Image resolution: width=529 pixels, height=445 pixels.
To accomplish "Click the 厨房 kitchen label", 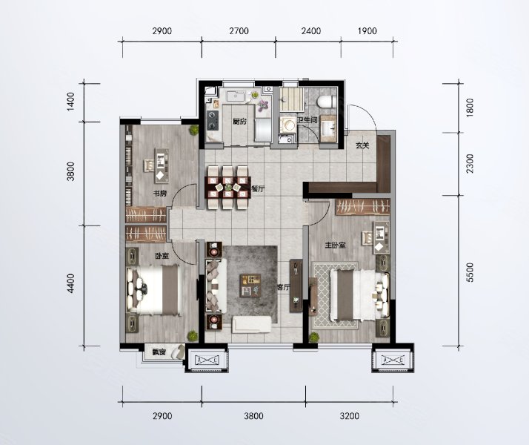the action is coord(239,121).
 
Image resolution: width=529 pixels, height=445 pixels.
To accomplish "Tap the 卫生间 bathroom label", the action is coord(307,119).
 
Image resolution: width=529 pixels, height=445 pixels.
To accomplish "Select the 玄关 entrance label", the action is coord(362,145).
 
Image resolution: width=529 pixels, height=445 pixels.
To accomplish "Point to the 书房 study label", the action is coord(160,194).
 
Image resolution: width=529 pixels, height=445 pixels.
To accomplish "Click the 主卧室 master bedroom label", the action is coord(335,245).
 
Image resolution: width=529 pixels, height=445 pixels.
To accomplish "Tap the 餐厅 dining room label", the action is coord(258,189).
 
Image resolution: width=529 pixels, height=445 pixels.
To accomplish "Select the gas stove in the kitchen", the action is coord(213,120).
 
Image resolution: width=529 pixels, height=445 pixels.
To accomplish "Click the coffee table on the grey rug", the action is coord(250,286).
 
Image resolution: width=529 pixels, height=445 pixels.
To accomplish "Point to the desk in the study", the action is coord(162,165).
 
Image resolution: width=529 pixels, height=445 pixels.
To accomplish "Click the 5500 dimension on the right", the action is coord(470,272).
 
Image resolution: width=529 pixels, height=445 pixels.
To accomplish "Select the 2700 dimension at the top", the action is coord(239,31).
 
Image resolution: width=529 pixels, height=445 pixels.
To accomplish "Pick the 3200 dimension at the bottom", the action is coord(349,415).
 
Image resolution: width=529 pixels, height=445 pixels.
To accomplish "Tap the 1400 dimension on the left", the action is coord(70,102).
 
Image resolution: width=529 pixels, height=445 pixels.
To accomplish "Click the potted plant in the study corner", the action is coord(193,130).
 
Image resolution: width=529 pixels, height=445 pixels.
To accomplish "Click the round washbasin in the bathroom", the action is coord(287,125).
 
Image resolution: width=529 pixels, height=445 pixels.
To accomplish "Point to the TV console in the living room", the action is coord(296,286).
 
